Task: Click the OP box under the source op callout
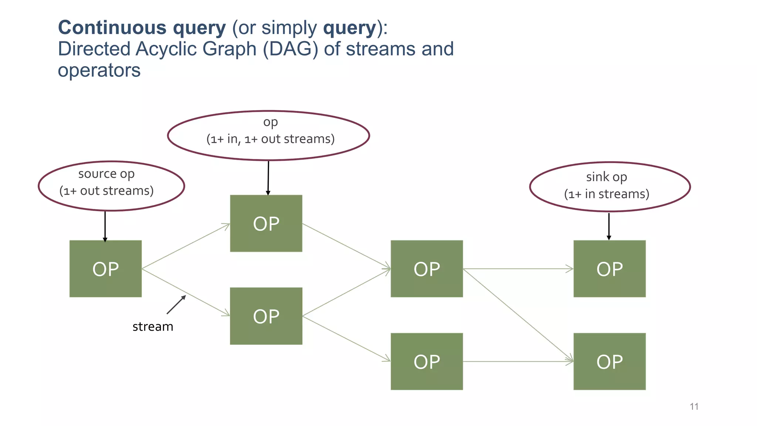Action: click(x=105, y=269)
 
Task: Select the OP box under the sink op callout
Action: click(x=609, y=269)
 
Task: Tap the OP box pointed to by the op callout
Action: click(x=266, y=224)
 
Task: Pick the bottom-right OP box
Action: click(x=609, y=361)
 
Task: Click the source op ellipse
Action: click(x=111, y=186)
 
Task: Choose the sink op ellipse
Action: click(x=610, y=187)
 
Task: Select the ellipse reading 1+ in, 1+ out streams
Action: click(x=269, y=135)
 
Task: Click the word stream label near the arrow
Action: click(x=153, y=327)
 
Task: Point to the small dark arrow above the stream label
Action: click(x=176, y=305)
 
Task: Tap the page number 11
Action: click(x=694, y=406)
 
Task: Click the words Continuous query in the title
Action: click(x=142, y=28)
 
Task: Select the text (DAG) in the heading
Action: click(x=290, y=49)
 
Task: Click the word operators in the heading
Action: click(x=99, y=70)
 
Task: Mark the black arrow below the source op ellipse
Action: click(x=105, y=226)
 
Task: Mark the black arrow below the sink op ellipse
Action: click(x=609, y=226)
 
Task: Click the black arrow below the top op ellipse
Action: click(x=268, y=178)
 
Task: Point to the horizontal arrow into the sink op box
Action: click(x=517, y=269)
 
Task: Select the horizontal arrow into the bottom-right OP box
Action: click(x=517, y=361)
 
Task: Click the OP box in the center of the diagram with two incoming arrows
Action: click(x=427, y=269)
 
